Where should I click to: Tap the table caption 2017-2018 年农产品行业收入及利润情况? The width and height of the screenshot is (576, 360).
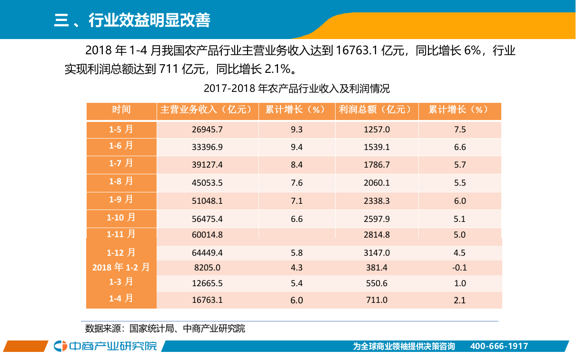[x=297, y=89]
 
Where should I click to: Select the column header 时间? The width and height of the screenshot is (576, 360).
[x=121, y=110]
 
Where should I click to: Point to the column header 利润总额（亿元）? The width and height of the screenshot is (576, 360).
[x=376, y=110]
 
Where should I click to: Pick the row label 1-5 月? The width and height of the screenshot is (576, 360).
[x=121, y=130]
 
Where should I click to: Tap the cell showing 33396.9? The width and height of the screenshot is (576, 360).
[x=207, y=148]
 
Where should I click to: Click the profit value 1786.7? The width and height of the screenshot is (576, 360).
[x=377, y=165]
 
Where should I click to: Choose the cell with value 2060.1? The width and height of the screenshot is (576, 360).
[x=377, y=183]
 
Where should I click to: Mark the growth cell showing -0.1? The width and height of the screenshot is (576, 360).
[x=459, y=268]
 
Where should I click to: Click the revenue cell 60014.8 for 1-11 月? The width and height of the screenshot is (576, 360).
[x=207, y=235]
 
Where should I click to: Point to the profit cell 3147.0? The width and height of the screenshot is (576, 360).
[x=377, y=253]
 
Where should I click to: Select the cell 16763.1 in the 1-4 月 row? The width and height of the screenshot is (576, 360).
[x=207, y=300]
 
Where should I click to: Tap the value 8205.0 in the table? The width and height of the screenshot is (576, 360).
[x=207, y=268]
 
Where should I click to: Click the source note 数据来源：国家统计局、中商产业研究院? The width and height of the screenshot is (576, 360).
[x=165, y=329]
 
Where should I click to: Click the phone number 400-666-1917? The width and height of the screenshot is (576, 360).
[x=499, y=347]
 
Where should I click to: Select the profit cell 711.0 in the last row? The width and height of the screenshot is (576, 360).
[x=377, y=300]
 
